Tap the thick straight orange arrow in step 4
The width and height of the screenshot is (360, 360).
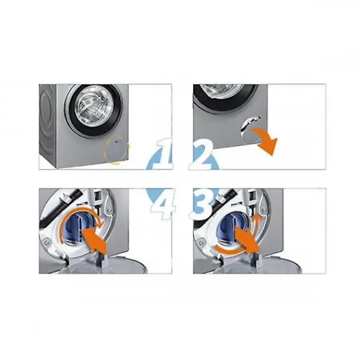[x=94, y=241]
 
